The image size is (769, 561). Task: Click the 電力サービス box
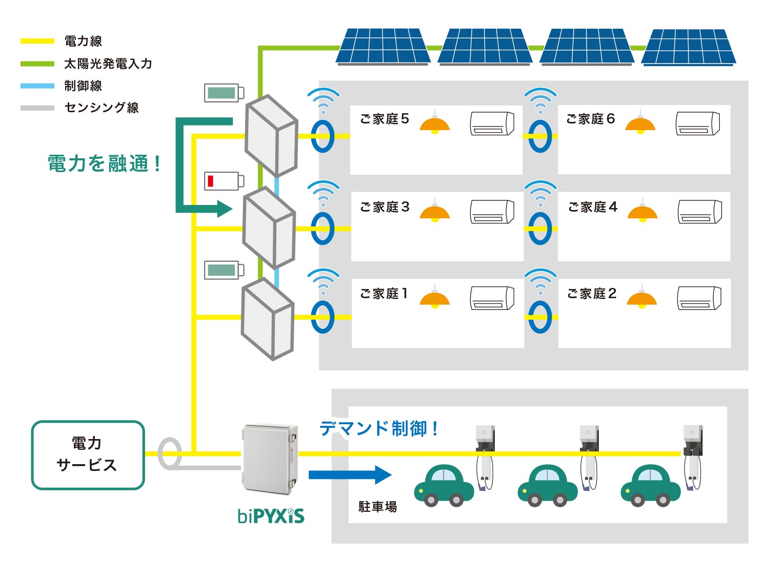pyautogui.click(x=88, y=455)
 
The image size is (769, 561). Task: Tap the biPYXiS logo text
pyautogui.click(x=271, y=515)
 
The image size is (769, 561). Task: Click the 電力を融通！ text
pyautogui.click(x=104, y=164)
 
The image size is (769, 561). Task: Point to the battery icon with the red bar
pyautogui.click(x=224, y=181)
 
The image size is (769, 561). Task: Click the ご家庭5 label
pyautogui.click(x=384, y=119)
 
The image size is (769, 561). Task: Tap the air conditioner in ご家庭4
pyautogui.click(x=699, y=212)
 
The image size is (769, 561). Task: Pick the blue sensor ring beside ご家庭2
pyautogui.click(x=540, y=317)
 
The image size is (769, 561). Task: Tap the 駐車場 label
pyautogui.click(x=377, y=507)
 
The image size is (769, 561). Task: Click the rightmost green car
pyautogui.click(x=650, y=485)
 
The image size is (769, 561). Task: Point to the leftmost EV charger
pyautogui.click(x=484, y=456)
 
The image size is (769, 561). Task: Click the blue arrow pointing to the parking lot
pyautogui.click(x=350, y=475)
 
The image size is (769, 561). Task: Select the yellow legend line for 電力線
pyautogui.click(x=37, y=41)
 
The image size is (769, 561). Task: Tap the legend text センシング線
pyautogui.click(x=101, y=108)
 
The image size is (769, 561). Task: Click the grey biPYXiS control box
pyautogui.click(x=270, y=459)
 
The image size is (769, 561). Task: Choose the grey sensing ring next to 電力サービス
pyautogui.click(x=169, y=453)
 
